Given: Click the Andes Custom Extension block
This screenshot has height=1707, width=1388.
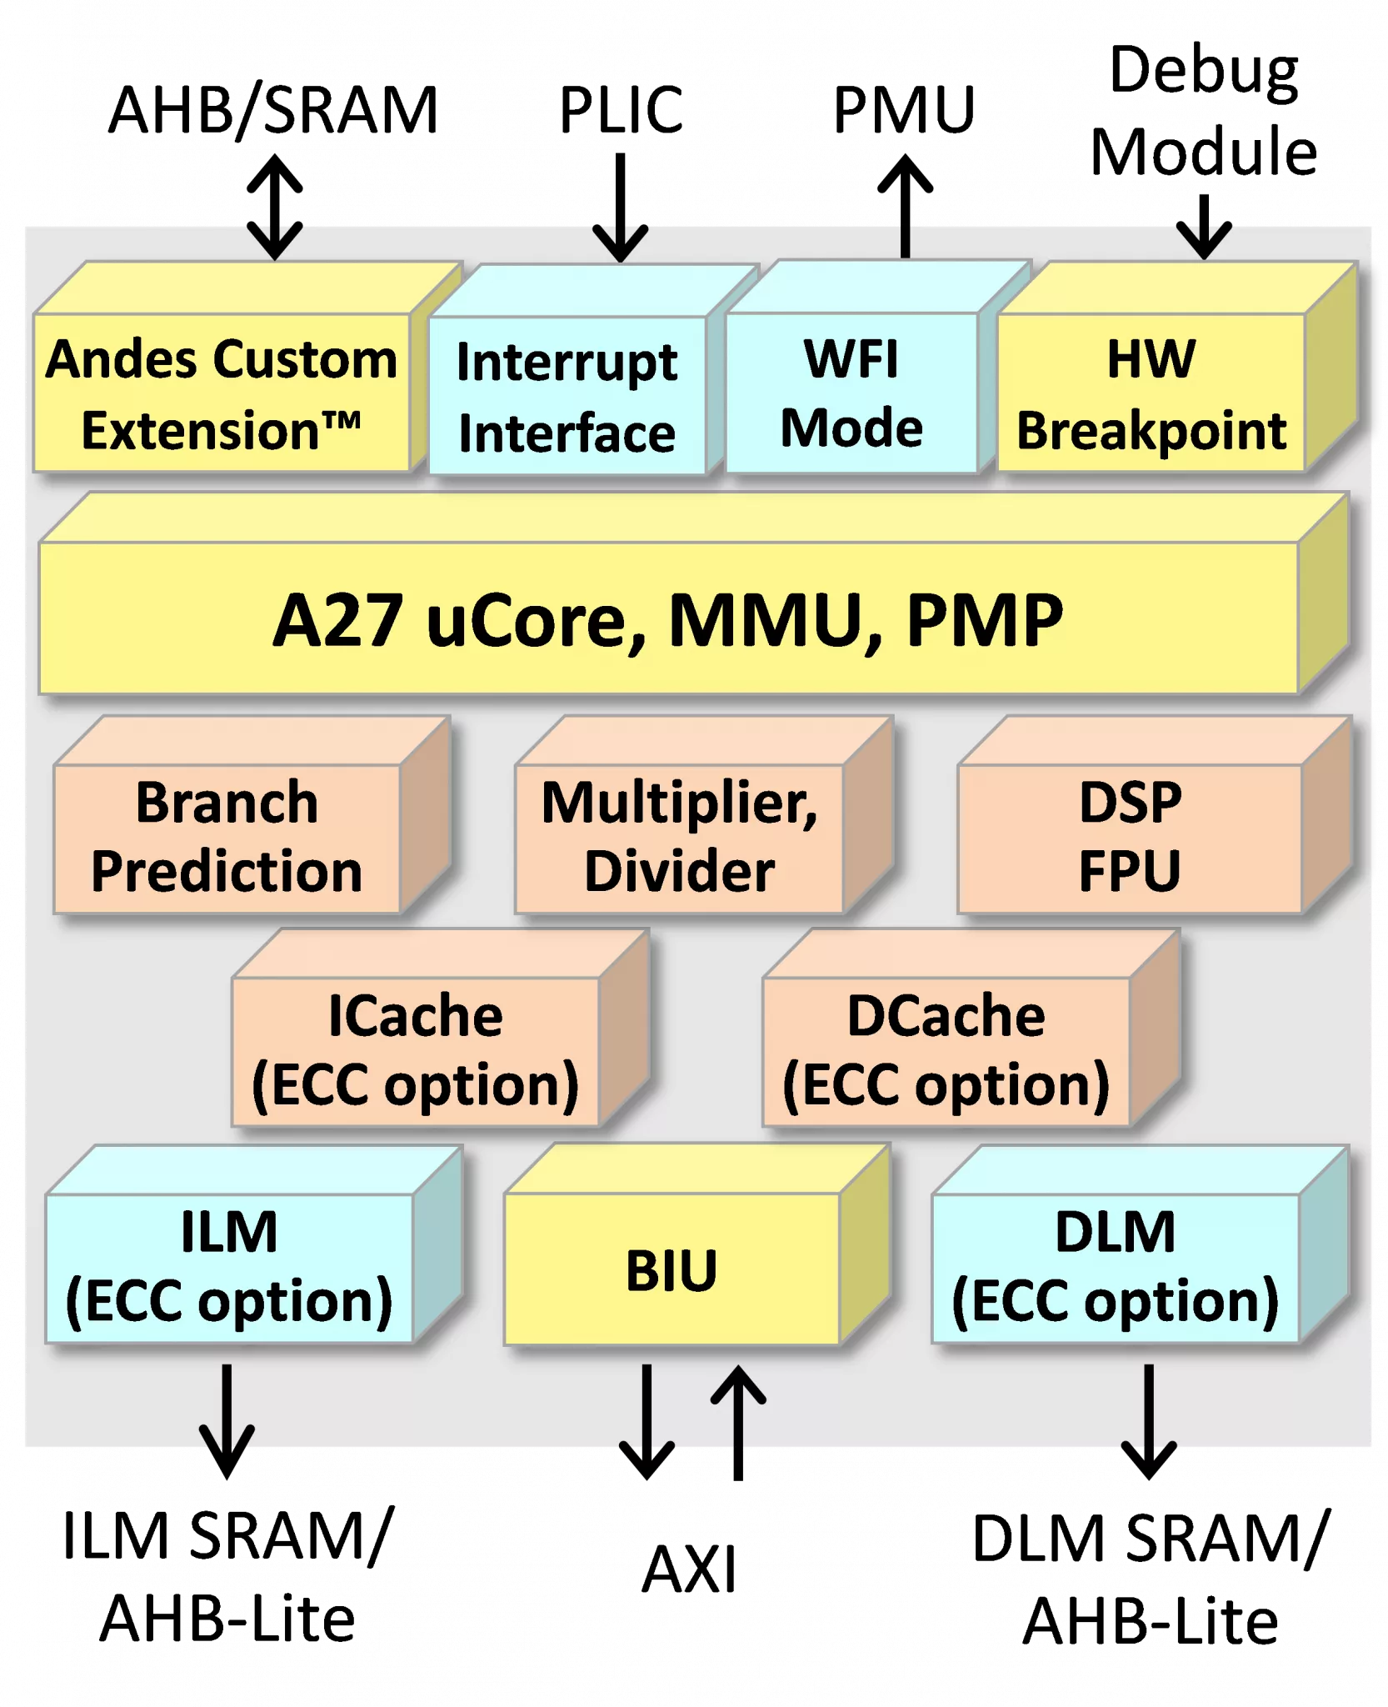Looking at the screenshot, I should pyautogui.click(x=222, y=393).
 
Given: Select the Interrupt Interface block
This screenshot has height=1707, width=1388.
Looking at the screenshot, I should pyautogui.click(x=567, y=397).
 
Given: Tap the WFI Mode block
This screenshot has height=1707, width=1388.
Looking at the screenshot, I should pyautogui.click(x=851, y=393).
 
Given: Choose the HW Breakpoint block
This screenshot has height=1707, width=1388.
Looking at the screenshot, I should pyautogui.click(x=1151, y=393).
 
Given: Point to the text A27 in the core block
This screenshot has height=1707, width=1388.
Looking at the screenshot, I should pyautogui.click(x=338, y=620).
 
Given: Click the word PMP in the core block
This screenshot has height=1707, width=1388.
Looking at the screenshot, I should pyautogui.click(x=984, y=620).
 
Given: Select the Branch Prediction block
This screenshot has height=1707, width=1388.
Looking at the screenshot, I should pyautogui.click(x=227, y=838).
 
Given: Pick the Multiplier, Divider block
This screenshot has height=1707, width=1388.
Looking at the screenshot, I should pyautogui.click(x=680, y=838).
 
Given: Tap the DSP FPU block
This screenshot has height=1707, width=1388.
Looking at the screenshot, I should pyautogui.click(x=1130, y=838).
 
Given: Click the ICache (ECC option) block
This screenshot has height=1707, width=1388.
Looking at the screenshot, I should pyautogui.click(x=415, y=1051).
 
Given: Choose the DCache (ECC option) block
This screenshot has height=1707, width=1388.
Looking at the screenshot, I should pyautogui.click(x=946, y=1051).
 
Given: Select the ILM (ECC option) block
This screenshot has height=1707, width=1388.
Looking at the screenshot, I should pyautogui.click(x=229, y=1268).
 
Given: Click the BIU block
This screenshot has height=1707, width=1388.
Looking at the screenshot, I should pyautogui.click(x=672, y=1269).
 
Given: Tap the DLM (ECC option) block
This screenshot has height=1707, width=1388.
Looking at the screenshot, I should pyautogui.click(x=1115, y=1268).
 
